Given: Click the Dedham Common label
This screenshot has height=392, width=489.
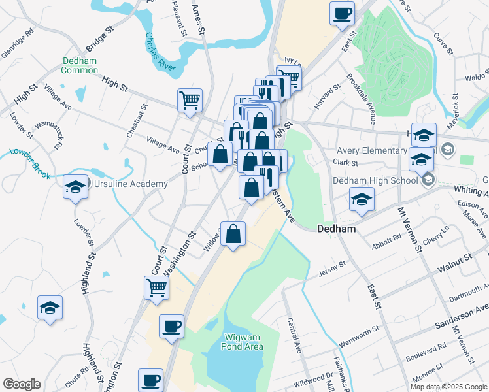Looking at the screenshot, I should tap(80, 65).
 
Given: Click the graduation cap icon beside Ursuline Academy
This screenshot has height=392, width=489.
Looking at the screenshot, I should tap(75, 188).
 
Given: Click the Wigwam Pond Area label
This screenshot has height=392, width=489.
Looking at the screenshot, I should tap(243, 342).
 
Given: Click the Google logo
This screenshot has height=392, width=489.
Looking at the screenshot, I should tap(21, 384).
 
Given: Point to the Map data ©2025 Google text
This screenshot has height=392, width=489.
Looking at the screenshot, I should tap(448, 387).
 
